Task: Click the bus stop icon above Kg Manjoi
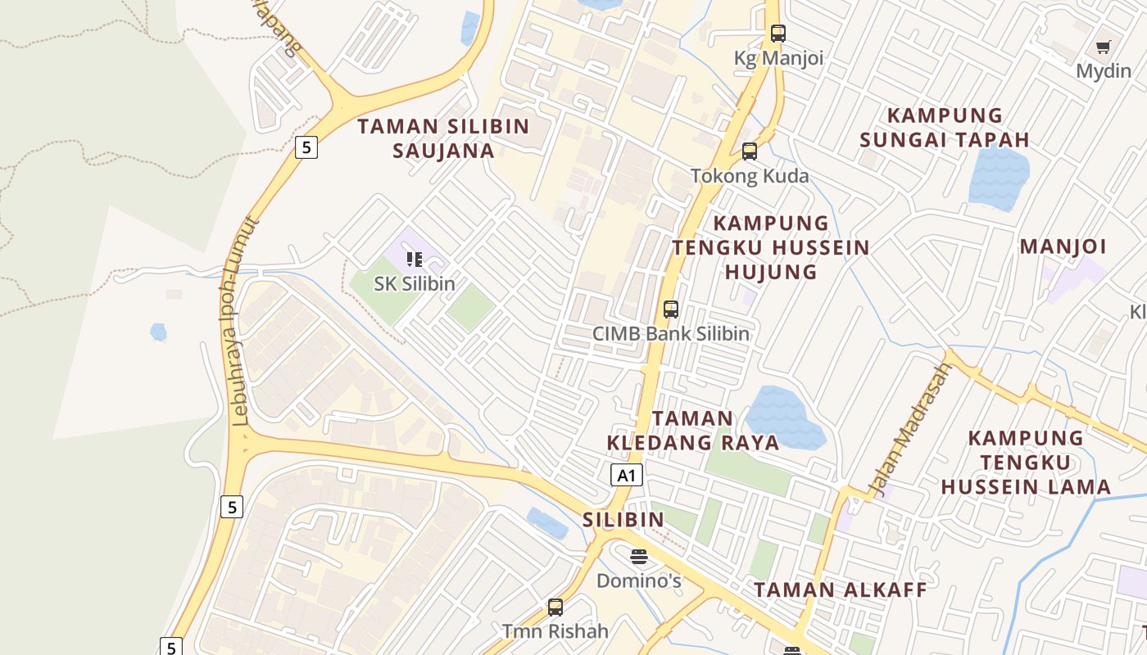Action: pyautogui.click(x=778, y=34)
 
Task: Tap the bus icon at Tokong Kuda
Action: pyautogui.click(x=750, y=151)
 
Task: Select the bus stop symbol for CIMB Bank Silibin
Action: pyautogui.click(x=671, y=309)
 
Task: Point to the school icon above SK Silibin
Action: pyautogui.click(x=415, y=260)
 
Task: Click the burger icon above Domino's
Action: pyautogui.click(x=639, y=557)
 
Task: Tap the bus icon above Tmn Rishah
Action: pyautogui.click(x=555, y=608)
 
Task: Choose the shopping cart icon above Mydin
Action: pyautogui.click(x=1104, y=47)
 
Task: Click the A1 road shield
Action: pyautogui.click(x=626, y=475)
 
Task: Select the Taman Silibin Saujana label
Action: pyautogui.click(x=444, y=138)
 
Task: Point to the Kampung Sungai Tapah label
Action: pyautogui.click(x=945, y=127)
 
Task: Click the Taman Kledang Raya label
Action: pyautogui.click(x=693, y=431)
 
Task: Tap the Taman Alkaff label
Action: pyautogui.click(x=841, y=589)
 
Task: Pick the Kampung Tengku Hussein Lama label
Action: pyautogui.click(x=1026, y=463)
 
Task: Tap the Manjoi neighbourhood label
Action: pyautogui.click(x=1063, y=246)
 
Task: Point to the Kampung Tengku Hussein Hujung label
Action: pyautogui.click(x=771, y=247)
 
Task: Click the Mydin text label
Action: pyautogui.click(x=1103, y=71)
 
